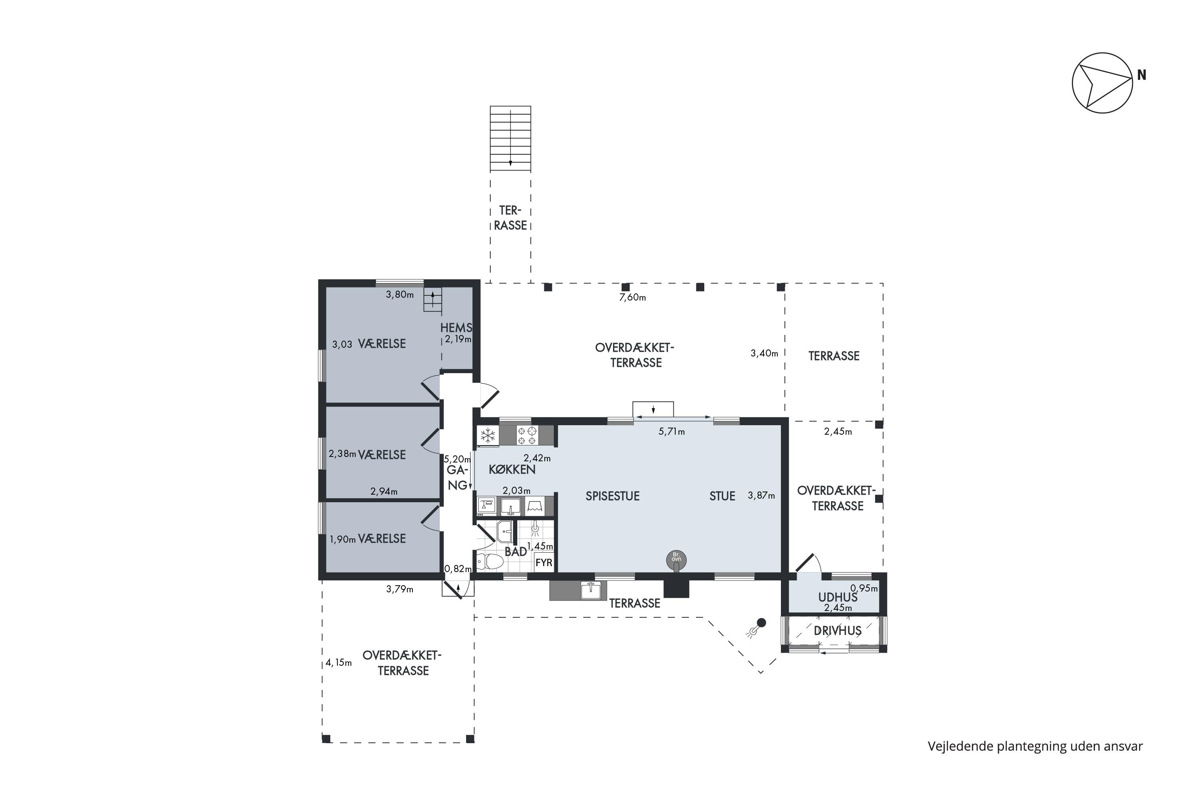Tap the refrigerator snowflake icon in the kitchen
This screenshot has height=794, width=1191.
[x=488, y=435]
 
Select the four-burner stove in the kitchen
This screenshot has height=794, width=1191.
[x=527, y=436]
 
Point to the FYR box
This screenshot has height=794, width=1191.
[x=544, y=563]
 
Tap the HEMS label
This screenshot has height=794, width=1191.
[x=456, y=328]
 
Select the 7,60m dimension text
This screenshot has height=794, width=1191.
[x=632, y=297]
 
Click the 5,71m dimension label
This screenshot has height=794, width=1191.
[x=671, y=432]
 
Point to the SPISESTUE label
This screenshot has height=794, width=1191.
[x=612, y=496]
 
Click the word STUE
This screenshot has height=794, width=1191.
[x=722, y=496]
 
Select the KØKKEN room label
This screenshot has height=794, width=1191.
[x=512, y=469]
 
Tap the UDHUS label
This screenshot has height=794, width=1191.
[x=838, y=597]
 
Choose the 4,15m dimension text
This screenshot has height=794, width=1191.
[x=338, y=662]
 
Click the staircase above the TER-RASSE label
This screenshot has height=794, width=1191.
[x=511, y=139]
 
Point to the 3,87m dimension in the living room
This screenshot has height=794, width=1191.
[x=761, y=496]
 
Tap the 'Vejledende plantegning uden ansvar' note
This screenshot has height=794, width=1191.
[x=1035, y=746]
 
